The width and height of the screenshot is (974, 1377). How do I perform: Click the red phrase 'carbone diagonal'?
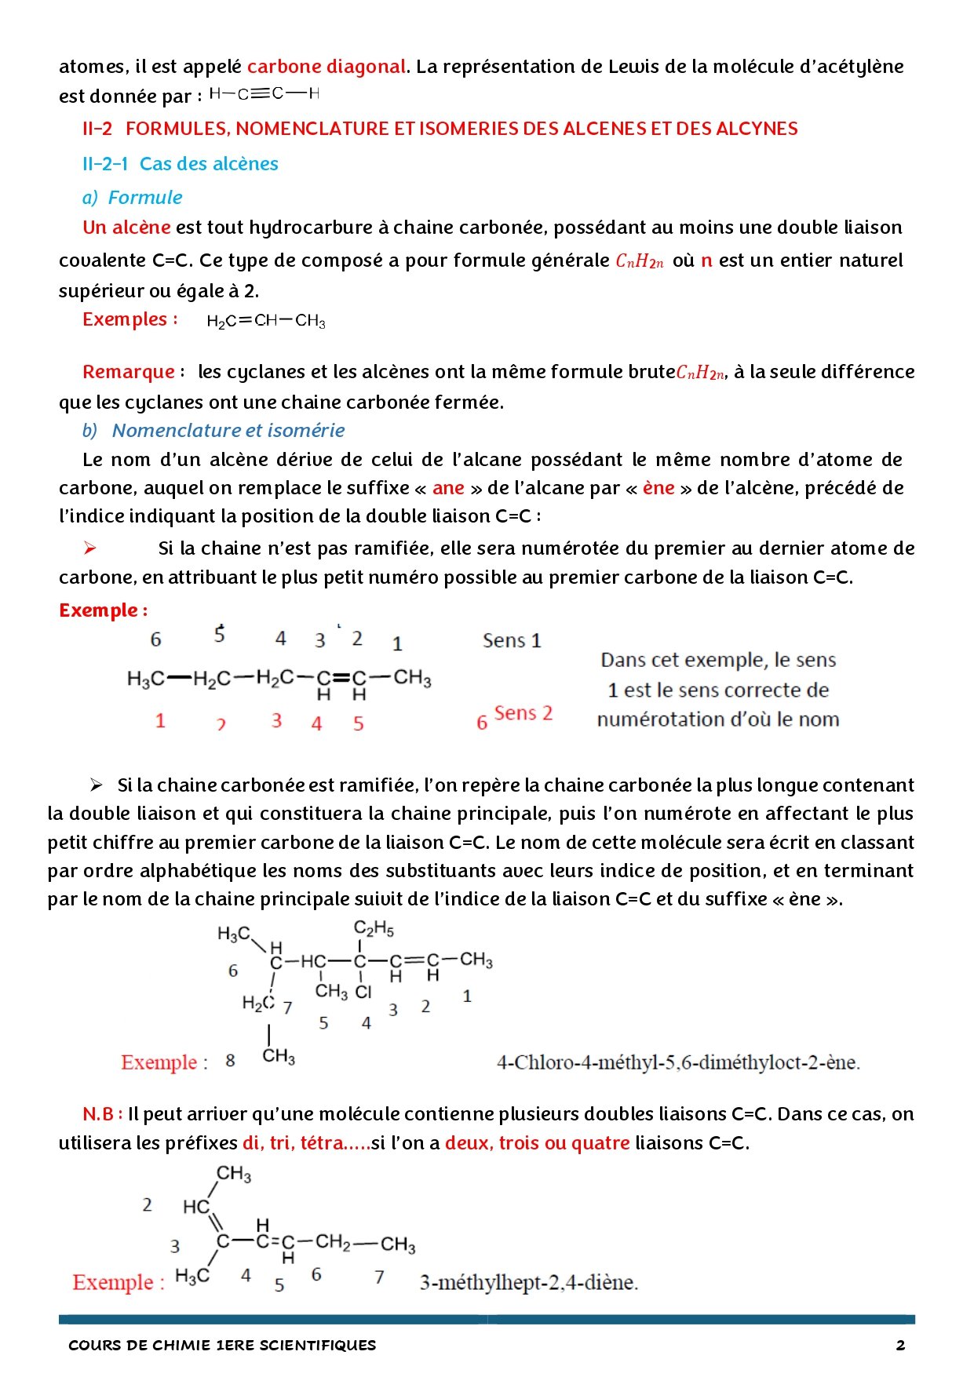coord(326,67)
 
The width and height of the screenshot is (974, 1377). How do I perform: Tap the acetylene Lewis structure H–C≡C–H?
coord(264,94)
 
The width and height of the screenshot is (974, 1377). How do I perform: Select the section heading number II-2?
coord(97,129)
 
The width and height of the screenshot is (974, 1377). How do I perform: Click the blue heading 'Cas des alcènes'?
coord(209,164)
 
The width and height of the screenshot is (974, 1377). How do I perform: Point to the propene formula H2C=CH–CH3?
coord(266,321)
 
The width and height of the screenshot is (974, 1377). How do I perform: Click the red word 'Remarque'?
coord(129,372)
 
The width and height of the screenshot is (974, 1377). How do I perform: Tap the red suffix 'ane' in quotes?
coord(448,488)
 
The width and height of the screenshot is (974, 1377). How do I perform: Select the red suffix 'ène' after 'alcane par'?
coord(658,488)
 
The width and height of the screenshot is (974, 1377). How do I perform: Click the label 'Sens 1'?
coord(512,641)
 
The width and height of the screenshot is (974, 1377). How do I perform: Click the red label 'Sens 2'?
coord(523,713)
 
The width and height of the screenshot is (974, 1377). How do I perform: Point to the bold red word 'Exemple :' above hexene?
coord(103,610)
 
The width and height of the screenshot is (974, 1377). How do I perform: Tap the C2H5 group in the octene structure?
coord(374,929)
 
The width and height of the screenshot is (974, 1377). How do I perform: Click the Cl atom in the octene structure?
coord(363,992)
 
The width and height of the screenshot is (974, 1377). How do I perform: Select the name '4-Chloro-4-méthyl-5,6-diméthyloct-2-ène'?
coord(678,1063)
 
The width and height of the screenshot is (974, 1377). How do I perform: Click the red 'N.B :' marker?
coord(102,1114)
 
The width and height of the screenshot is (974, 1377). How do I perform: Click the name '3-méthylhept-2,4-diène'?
coord(529,1283)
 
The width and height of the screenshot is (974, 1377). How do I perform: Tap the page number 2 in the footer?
coord(900,1346)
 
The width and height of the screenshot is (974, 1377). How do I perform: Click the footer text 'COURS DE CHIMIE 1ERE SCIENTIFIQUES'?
coord(222,1346)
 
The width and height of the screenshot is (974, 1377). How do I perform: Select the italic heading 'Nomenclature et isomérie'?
coord(228,431)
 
